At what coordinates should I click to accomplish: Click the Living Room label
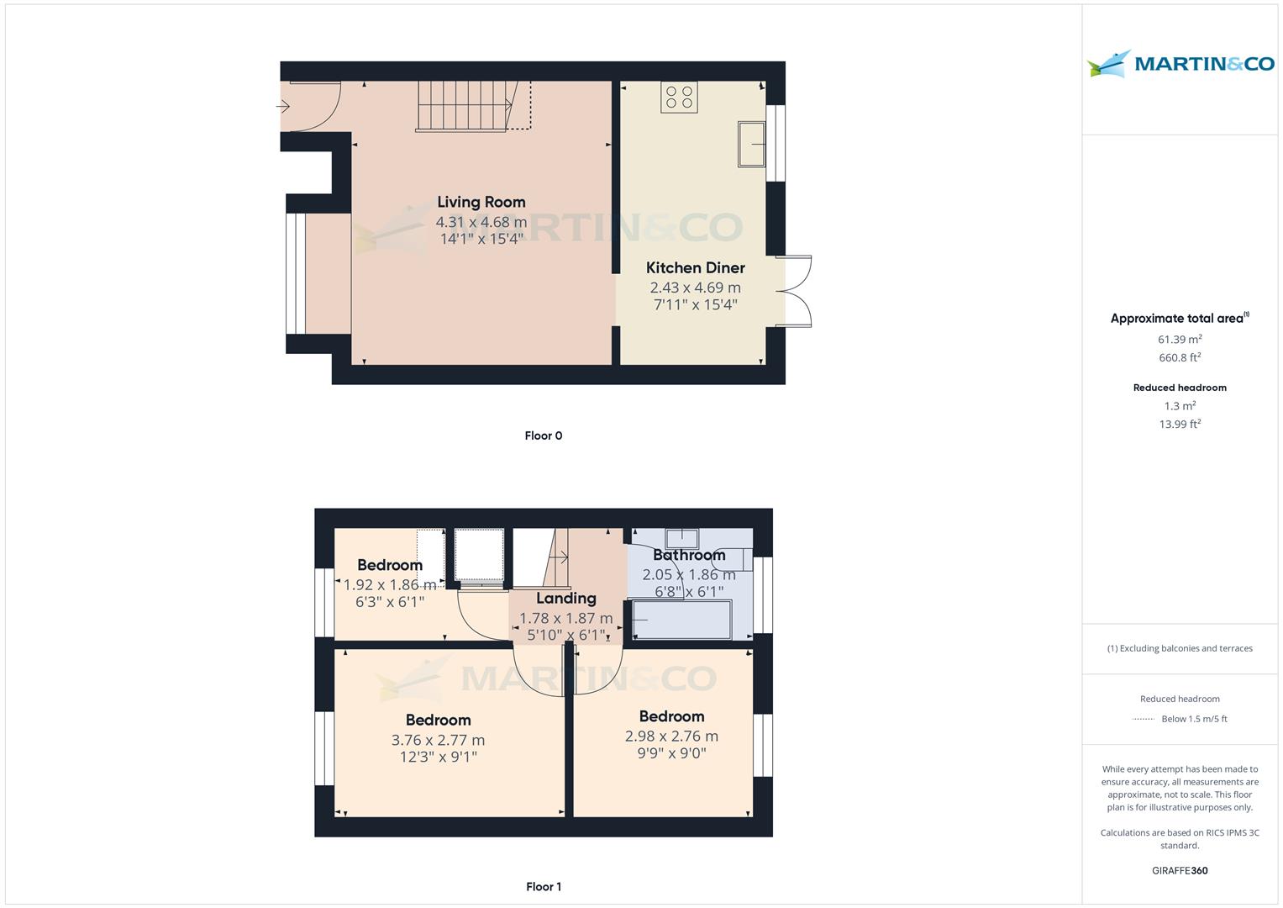click(481, 202)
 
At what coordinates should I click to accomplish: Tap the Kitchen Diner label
click(695, 267)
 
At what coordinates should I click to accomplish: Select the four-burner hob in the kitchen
click(679, 97)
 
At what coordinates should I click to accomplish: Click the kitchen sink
click(751, 144)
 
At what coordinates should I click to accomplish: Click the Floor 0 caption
click(543, 436)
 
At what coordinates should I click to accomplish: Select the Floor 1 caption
click(543, 886)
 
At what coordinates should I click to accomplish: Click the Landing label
click(565, 598)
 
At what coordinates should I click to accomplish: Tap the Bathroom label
click(689, 555)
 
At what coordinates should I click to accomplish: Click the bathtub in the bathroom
click(681, 620)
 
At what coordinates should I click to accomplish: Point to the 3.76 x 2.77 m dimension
click(438, 740)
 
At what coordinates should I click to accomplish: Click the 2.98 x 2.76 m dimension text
click(670, 736)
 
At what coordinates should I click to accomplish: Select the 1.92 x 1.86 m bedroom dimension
click(390, 584)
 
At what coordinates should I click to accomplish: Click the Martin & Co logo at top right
click(1180, 64)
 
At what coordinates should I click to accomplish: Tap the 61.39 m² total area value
click(1180, 340)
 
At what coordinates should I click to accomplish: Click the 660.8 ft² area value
click(1180, 358)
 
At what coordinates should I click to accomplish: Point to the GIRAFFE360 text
click(1180, 870)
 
